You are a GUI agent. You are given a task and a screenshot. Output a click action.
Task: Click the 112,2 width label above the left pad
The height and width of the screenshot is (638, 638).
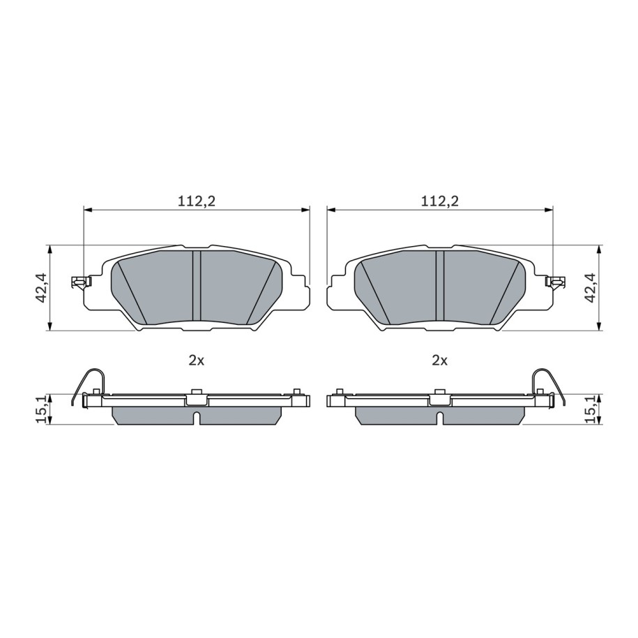pyautogui.click(x=197, y=201)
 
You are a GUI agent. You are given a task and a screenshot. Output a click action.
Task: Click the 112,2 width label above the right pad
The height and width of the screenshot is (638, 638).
pyautogui.click(x=440, y=201)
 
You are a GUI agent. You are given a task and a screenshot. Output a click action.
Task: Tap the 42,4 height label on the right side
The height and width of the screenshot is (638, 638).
pyautogui.click(x=590, y=288)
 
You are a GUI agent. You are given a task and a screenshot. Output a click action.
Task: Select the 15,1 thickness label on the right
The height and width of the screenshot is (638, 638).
pyautogui.click(x=590, y=409)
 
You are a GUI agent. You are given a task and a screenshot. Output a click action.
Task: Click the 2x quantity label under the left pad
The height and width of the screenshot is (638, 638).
pyautogui.click(x=197, y=361)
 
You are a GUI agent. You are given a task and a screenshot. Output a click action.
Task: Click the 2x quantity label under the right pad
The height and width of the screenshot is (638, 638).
pyautogui.click(x=440, y=361)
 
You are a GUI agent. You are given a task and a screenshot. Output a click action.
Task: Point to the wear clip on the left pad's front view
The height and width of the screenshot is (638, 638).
pyautogui.click(x=81, y=282)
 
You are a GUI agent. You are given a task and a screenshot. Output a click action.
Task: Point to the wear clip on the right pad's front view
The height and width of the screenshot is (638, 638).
pyautogui.click(x=554, y=282)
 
